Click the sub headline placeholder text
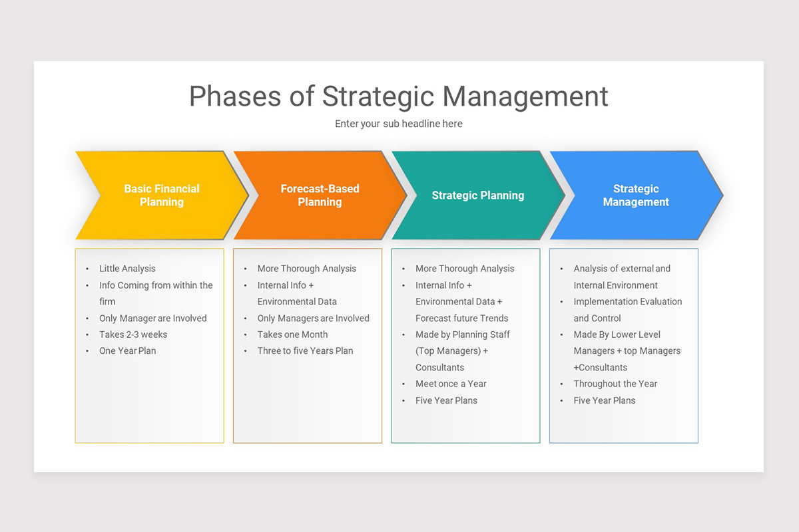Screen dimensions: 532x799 click(x=398, y=124)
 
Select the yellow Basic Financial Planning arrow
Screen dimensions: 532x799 click(x=162, y=196)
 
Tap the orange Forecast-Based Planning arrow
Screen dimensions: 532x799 click(x=320, y=196)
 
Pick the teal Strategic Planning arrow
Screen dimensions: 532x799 click(x=477, y=196)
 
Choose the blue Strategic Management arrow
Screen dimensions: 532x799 click(x=635, y=196)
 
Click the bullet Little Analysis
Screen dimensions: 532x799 click(x=127, y=269)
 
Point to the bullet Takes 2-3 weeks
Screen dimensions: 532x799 click(x=133, y=334)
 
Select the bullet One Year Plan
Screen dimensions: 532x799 click(x=127, y=350)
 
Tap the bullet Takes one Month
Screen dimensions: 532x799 click(x=292, y=334)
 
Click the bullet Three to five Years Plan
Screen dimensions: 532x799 click(x=305, y=350)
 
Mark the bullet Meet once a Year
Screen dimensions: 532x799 click(x=451, y=384)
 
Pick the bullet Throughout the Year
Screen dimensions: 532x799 click(x=615, y=384)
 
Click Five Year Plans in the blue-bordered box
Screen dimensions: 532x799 click(x=605, y=400)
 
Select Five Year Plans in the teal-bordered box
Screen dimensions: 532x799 click(x=446, y=400)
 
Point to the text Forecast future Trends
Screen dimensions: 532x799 click(x=461, y=318)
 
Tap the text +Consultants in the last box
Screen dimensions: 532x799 click(x=600, y=367)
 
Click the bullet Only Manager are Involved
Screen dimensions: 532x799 click(x=152, y=318)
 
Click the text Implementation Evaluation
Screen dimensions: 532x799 click(x=627, y=301)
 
